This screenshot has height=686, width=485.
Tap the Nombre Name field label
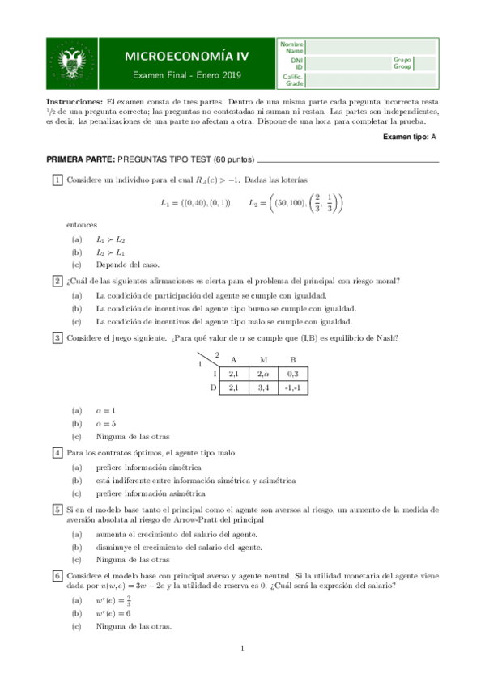(x=292, y=47)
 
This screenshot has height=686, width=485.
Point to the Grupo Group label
(x=402, y=63)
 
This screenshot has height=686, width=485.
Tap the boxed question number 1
(x=57, y=179)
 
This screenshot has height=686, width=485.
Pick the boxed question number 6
(x=57, y=575)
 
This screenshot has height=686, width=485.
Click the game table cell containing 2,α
(x=262, y=375)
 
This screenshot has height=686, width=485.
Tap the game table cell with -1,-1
(x=292, y=388)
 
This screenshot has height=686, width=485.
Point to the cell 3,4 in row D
(x=262, y=388)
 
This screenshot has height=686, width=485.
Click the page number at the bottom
(x=243, y=649)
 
